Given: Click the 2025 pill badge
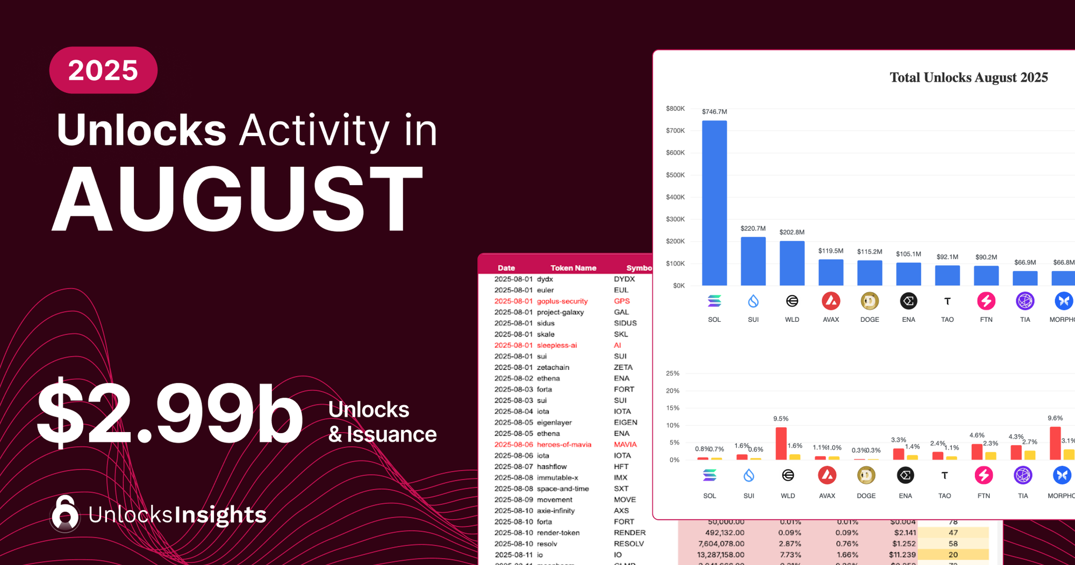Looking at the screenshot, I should point(103,70).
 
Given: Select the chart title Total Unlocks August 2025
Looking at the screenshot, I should point(969,77).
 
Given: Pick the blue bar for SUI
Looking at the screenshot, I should point(753,262).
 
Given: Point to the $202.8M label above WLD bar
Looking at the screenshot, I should point(792,232).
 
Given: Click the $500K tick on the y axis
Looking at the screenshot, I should point(675,175).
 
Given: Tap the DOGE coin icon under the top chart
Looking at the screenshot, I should point(870,301).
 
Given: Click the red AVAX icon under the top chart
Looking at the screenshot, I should point(831,301).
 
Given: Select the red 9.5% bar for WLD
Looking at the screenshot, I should point(781,443).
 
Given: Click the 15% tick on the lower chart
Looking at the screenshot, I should point(672,408).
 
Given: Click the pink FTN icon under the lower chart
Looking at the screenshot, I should point(984,475).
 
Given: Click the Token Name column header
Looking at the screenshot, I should point(573,268).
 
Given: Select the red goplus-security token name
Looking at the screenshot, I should point(562,301).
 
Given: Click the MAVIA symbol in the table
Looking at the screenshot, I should point(625,444).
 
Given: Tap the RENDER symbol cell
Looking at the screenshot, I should point(629,533).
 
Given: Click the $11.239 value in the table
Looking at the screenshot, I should point(902,555).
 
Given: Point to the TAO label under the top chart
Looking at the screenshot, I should point(947,320).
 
